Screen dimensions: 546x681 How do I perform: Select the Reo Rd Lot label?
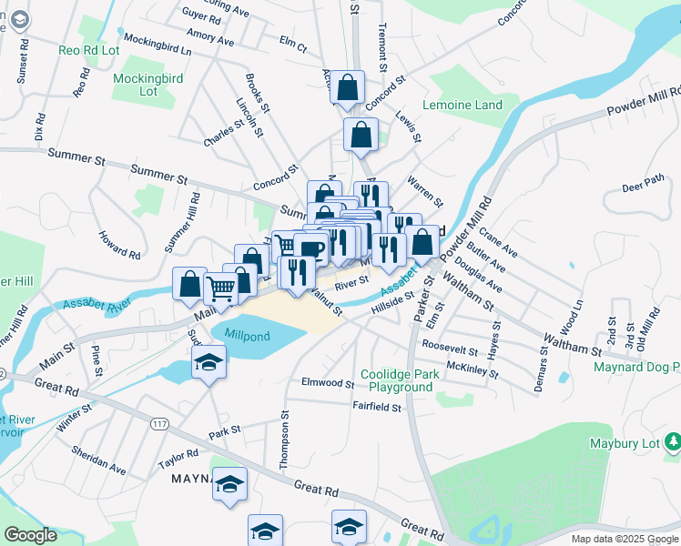[89, 50]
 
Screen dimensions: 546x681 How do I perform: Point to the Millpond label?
[248, 335]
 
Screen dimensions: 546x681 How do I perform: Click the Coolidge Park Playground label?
[397, 380]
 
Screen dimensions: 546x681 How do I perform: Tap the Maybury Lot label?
[627, 443]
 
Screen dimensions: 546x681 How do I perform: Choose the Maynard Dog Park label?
[636, 368]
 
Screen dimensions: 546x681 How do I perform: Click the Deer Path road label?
[644, 187]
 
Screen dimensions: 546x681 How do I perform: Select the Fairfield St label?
[377, 409]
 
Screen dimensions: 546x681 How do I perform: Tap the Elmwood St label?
[327, 384]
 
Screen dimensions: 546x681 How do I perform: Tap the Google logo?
[30, 535]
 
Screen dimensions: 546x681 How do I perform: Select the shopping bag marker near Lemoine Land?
[361, 135]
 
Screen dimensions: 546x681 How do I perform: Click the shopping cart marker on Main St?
[221, 288]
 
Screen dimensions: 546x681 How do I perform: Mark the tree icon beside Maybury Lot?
[673, 442]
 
